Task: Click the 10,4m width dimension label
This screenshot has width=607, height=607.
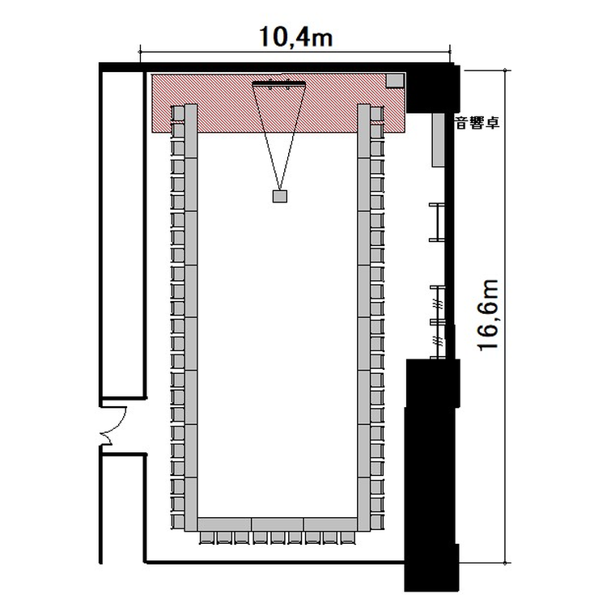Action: pos(295,37)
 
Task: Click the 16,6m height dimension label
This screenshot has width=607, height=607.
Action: pos(488,315)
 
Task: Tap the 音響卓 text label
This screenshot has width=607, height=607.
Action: pos(478,123)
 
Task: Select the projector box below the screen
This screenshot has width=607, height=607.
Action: pos(280,197)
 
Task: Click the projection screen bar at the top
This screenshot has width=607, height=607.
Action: pos(278,83)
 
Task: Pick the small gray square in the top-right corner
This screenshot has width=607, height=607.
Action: pos(395,81)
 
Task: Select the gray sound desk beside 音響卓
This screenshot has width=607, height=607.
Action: pos(438,140)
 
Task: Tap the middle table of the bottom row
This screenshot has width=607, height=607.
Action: pos(278,524)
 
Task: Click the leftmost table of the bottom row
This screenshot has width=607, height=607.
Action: pos(224,524)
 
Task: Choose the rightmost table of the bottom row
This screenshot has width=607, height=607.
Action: pos(330,524)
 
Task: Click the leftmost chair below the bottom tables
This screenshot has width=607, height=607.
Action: pos(207,537)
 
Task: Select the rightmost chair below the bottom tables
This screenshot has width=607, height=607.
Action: pos(348,537)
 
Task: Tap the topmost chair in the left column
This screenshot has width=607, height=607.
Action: pos(178,113)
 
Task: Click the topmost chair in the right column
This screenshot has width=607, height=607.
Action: pos(377,113)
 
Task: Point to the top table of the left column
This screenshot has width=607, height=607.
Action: pos(191,131)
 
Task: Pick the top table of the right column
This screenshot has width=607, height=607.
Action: pos(364,131)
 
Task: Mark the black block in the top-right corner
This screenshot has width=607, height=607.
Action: pos(433,88)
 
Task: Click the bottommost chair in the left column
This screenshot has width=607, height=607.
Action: pos(178,521)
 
